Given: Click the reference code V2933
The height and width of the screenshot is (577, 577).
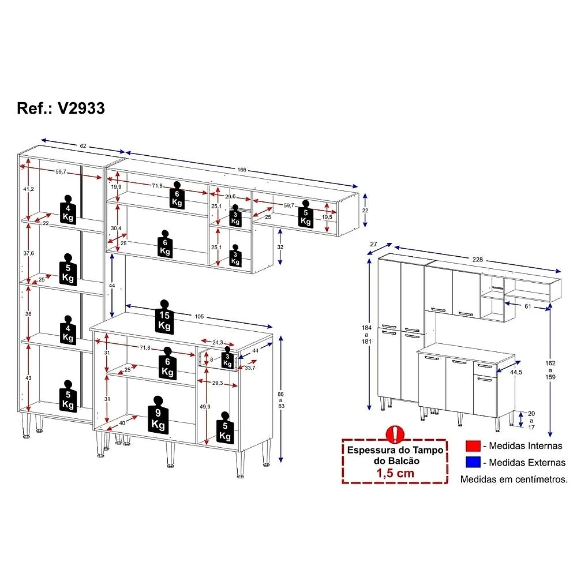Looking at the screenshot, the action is (x=81, y=108).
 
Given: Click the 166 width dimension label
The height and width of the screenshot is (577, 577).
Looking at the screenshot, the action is (x=242, y=170).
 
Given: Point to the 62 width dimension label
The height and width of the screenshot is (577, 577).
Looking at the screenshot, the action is (x=83, y=146).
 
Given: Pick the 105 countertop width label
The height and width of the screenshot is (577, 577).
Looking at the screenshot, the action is (x=199, y=316).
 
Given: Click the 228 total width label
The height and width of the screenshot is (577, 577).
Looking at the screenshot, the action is (x=478, y=260).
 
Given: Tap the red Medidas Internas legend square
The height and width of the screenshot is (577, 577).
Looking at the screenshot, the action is (x=473, y=446).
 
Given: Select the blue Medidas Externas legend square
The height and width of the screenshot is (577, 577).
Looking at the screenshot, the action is (x=473, y=462).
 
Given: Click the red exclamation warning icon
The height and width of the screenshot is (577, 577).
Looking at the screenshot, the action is (x=395, y=434).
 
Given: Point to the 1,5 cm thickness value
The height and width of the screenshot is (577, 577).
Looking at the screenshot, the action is (x=395, y=473).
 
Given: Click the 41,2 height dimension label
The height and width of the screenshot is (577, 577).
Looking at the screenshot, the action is (x=29, y=189).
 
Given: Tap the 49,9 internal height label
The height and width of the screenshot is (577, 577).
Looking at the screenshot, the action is (x=205, y=407).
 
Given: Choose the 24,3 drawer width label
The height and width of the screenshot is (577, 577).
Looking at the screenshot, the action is (x=218, y=343).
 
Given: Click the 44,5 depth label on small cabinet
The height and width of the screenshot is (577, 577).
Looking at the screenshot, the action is (x=516, y=372).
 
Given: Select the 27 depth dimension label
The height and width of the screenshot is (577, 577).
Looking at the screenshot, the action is (x=374, y=244).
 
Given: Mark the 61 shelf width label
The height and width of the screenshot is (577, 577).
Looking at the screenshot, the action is (x=528, y=306).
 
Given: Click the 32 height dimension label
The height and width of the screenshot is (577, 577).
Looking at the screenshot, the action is (x=280, y=247).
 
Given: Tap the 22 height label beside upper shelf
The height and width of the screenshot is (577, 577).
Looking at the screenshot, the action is (x=365, y=211).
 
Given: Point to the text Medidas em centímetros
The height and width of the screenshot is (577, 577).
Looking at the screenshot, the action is (x=514, y=479).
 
